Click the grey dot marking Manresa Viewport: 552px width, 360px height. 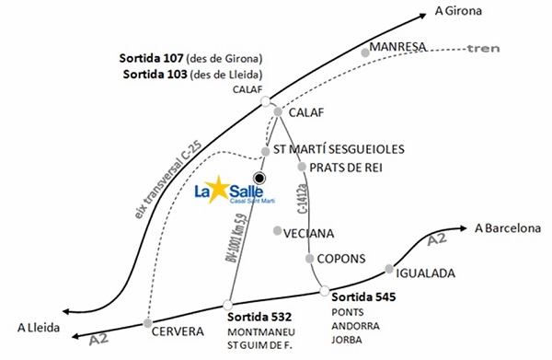[x=365, y=53]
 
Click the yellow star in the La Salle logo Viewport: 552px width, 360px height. [x=220, y=192]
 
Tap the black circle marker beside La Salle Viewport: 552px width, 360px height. [x=260, y=178]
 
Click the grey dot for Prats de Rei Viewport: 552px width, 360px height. [x=302, y=168]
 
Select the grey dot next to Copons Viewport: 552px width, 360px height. [x=310, y=259]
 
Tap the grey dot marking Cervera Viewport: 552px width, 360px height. [x=147, y=322]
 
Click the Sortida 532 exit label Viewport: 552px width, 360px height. [x=262, y=318]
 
